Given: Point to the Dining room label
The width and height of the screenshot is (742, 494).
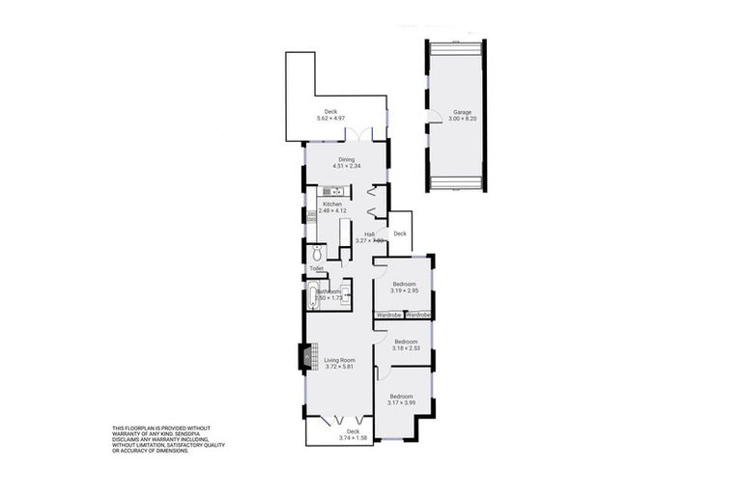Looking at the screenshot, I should [x=346, y=159].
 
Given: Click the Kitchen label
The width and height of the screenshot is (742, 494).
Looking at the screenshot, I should [x=332, y=204].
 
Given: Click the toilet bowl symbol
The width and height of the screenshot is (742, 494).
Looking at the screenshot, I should [x=321, y=253].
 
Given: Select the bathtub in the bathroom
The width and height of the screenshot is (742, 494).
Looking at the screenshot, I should [x=312, y=294].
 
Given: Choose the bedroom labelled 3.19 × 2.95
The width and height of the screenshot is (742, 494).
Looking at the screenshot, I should [x=405, y=287].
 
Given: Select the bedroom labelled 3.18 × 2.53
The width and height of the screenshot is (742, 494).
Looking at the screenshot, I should [x=406, y=344].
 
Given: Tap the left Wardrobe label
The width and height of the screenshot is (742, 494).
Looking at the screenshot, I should [x=388, y=315].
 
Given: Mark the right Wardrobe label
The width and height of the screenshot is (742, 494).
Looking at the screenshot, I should [x=418, y=315].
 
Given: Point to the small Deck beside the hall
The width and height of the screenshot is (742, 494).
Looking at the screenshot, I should [x=400, y=233].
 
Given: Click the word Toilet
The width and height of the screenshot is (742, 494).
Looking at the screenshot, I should [x=316, y=269].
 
